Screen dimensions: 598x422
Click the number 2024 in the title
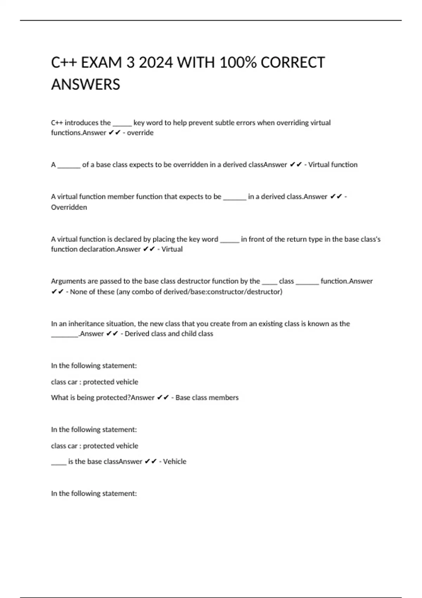click(156, 63)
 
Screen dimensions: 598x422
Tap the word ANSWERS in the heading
click(85, 85)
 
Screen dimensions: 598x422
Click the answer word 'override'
click(140, 133)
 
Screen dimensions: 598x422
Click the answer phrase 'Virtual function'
click(333, 165)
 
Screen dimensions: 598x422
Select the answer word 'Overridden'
click(69, 207)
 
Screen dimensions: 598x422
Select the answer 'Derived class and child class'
click(169, 334)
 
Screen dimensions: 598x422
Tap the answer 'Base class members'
click(207, 397)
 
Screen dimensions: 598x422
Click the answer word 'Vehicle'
click(174, 462)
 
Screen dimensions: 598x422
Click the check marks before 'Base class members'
click(163, 397)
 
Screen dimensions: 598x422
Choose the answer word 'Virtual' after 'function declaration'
click(172, 249)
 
